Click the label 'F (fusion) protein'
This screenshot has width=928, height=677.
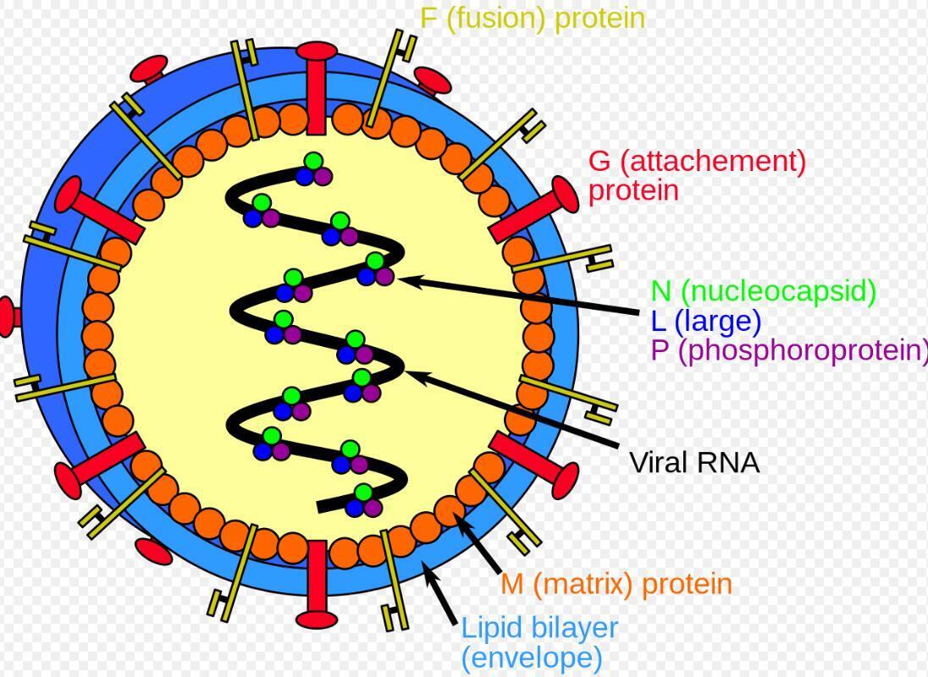click(x=533, y=19)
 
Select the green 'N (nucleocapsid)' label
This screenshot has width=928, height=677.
click(x=763, y=291)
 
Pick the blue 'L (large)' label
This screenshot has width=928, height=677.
click(x=706, y=321)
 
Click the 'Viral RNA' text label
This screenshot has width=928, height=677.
click(x=694, y=463)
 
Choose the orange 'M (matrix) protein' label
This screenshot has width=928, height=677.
click(x=616, y=584)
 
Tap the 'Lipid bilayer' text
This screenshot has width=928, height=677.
click(x=539, y=628)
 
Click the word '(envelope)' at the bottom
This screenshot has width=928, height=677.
click(x=532, y=658)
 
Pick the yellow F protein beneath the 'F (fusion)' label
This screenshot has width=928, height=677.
click(x=385, y=80)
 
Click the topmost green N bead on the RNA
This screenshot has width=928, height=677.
click(x=313, y=161)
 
